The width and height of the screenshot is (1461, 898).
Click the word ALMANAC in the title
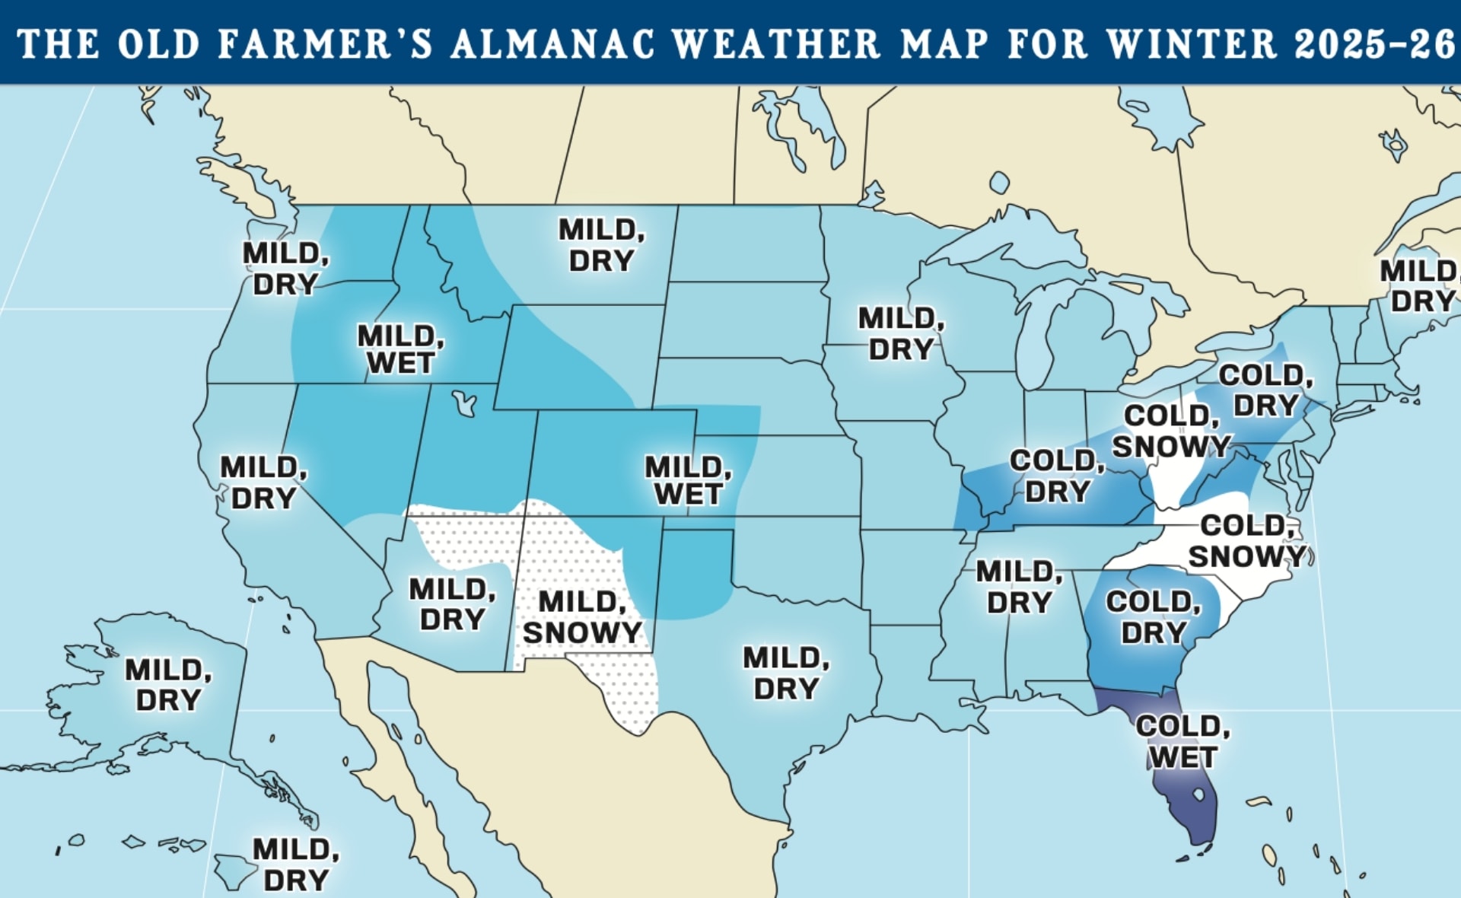coord(552,43)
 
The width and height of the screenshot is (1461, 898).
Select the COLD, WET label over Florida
coord(1182,742)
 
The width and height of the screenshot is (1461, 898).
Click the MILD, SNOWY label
coord(582,617)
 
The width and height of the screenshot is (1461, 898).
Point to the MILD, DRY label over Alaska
coord(168,685)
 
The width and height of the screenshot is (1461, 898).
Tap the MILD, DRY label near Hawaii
coord(296,865)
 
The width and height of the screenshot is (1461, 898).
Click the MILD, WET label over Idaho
coord(400,349)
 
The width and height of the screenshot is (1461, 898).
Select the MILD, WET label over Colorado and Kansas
coord(688,481)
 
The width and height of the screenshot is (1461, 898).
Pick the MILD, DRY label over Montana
coord(601,245)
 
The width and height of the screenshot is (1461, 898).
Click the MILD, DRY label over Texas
coord(786,673)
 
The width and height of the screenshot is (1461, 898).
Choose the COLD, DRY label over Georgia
coord(1153,617)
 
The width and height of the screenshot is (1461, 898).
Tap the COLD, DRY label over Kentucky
coord(1057,476)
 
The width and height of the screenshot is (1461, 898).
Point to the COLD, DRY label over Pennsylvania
coord(1265,390)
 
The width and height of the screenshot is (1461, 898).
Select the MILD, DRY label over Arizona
coord(452,604)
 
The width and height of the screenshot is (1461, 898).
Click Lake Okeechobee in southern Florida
coord(1198,795)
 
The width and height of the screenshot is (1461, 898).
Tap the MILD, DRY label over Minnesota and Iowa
coord(901,334)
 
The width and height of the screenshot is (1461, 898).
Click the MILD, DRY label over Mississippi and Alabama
coord(1019,587)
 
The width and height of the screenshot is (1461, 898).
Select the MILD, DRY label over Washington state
coord(285,269)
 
